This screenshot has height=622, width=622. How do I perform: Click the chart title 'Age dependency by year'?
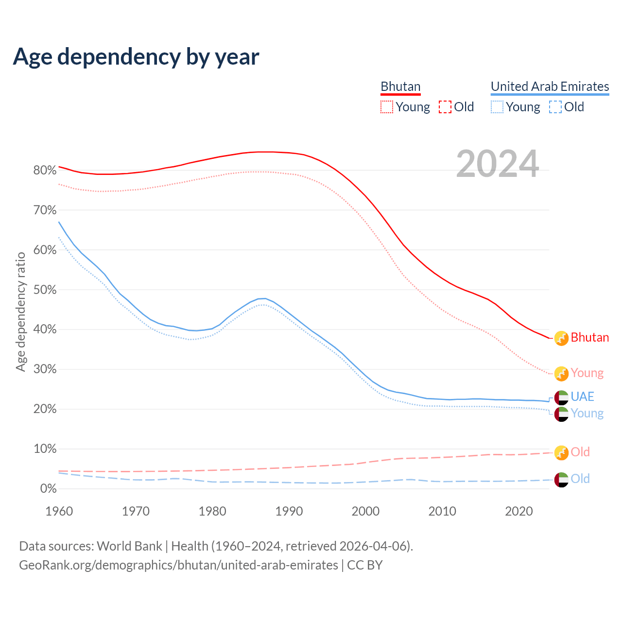136,57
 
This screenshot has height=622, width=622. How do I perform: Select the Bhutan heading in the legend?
400,86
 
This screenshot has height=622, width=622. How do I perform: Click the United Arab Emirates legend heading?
550,86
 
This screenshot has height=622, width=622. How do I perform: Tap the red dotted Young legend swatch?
387,107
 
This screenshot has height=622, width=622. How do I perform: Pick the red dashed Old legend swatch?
445,107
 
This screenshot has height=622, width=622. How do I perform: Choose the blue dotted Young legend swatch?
497,107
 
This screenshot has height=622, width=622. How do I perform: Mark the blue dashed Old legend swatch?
555,107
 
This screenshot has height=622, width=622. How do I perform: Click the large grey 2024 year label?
498,164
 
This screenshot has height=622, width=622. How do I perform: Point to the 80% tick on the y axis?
45,170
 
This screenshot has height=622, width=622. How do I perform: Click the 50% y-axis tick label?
45,290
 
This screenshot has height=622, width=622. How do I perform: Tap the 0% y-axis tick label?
48,489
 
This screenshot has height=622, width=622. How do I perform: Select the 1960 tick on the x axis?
59,511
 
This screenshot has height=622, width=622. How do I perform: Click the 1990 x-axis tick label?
289,511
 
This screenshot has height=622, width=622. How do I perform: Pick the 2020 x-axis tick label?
519,511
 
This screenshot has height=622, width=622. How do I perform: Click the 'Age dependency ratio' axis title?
20,311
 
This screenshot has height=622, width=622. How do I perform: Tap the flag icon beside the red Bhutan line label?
561,338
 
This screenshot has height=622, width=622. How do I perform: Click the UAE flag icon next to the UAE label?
561,397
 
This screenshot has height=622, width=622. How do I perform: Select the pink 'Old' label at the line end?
580,452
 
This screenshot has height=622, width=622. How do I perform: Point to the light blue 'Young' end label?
587,413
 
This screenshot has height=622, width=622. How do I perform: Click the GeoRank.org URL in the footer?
178,565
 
